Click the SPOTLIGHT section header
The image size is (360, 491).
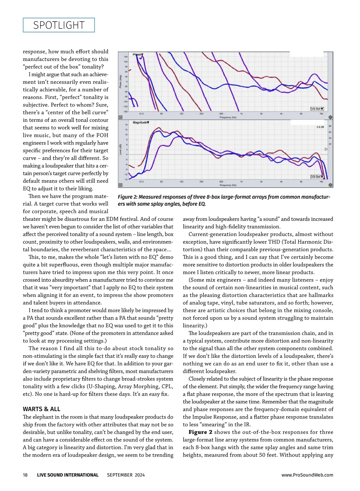[x=59, y=25]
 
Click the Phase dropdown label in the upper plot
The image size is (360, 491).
[x=138, y=55]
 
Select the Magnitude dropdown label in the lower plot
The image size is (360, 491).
[x=141, y=123]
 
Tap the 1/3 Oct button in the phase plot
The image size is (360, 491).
[x=317, y=109]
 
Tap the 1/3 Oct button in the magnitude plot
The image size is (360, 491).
[x=317, y=177]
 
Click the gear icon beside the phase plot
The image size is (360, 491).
[x=330, y=118]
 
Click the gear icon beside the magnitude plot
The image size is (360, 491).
[x=330, y=185]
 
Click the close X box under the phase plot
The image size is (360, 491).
[x=121, y=118]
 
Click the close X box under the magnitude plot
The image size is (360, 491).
[x=121, y=185]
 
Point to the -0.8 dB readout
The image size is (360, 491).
[x=320, y=127]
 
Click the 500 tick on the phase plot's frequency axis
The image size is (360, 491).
[x=221, y=114]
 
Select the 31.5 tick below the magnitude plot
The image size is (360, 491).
[x=141, y=182]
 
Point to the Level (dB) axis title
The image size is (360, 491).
[x=121, y=150]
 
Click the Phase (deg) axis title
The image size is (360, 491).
[x=121, y=82]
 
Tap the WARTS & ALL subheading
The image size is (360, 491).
[x=41, y=409]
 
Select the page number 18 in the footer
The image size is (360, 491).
[x=25, y=475]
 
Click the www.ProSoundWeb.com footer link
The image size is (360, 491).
[x=307, y=475]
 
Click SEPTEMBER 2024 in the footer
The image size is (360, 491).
[x=126, y=475]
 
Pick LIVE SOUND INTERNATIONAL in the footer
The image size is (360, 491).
[x=67, y=475]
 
